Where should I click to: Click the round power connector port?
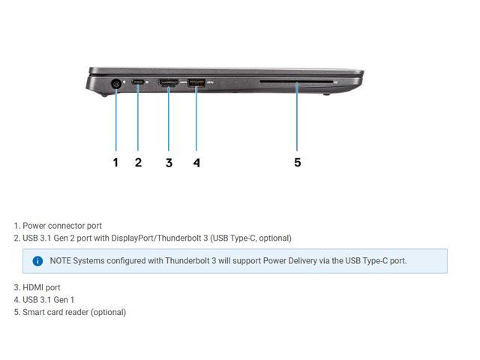point(116,85)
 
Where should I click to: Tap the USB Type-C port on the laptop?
point(138,82)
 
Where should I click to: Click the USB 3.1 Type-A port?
point(196,82)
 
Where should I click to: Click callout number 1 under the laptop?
point(115,162)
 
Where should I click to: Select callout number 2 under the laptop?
point(138,162)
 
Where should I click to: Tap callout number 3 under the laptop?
point(169,162)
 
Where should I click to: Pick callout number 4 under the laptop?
point(196,162)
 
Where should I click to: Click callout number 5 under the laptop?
point(297,162)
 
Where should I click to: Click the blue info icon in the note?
point(37,261)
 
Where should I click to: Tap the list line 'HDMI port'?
point(41,287)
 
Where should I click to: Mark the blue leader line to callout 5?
point(297,120)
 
